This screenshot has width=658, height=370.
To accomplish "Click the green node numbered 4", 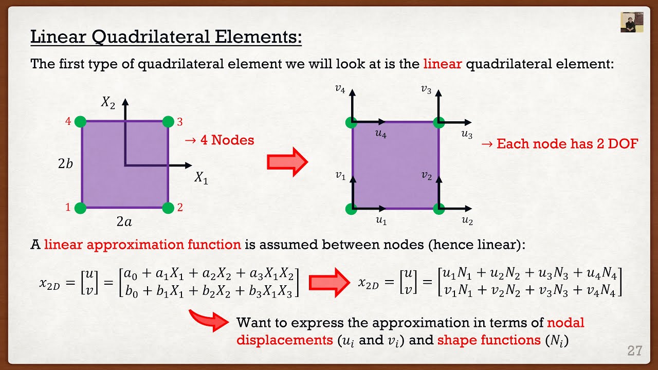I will (x=80, y=122).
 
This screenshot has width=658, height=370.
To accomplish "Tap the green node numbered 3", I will (x=168, y=122).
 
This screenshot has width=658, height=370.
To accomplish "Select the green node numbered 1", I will (x=80, y=208).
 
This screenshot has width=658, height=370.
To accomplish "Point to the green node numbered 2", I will (x=168, y=208).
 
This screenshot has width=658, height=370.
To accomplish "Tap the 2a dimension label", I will (x=124, y=222).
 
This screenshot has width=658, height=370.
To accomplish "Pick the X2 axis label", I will (x=108, y=102).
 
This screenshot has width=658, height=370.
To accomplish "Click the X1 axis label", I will (x=201, y=178).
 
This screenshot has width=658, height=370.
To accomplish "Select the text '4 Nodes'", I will (x=226, y=140).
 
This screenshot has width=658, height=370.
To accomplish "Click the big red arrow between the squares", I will (x=287, y=162).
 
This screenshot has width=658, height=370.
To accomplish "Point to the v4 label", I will (x=339, y=89).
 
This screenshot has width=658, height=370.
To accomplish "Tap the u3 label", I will (x=467, y=135).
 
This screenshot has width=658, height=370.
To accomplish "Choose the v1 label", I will (x=340, y=176).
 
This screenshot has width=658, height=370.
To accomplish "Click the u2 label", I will (x=467, y=221).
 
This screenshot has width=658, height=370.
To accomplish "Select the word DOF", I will (x=622, y=143).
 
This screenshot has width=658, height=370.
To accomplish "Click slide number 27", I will (x=635, y=351).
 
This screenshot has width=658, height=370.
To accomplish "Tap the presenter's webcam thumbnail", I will (x=632, y=22).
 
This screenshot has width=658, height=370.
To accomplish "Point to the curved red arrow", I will (x=208, y=320).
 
